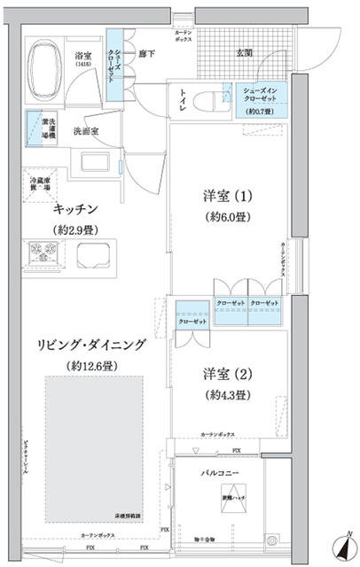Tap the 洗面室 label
click(85, 130)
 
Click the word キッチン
click(75, 209)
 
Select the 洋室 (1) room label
click(228, 196)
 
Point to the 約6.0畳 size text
click(227, 217)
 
